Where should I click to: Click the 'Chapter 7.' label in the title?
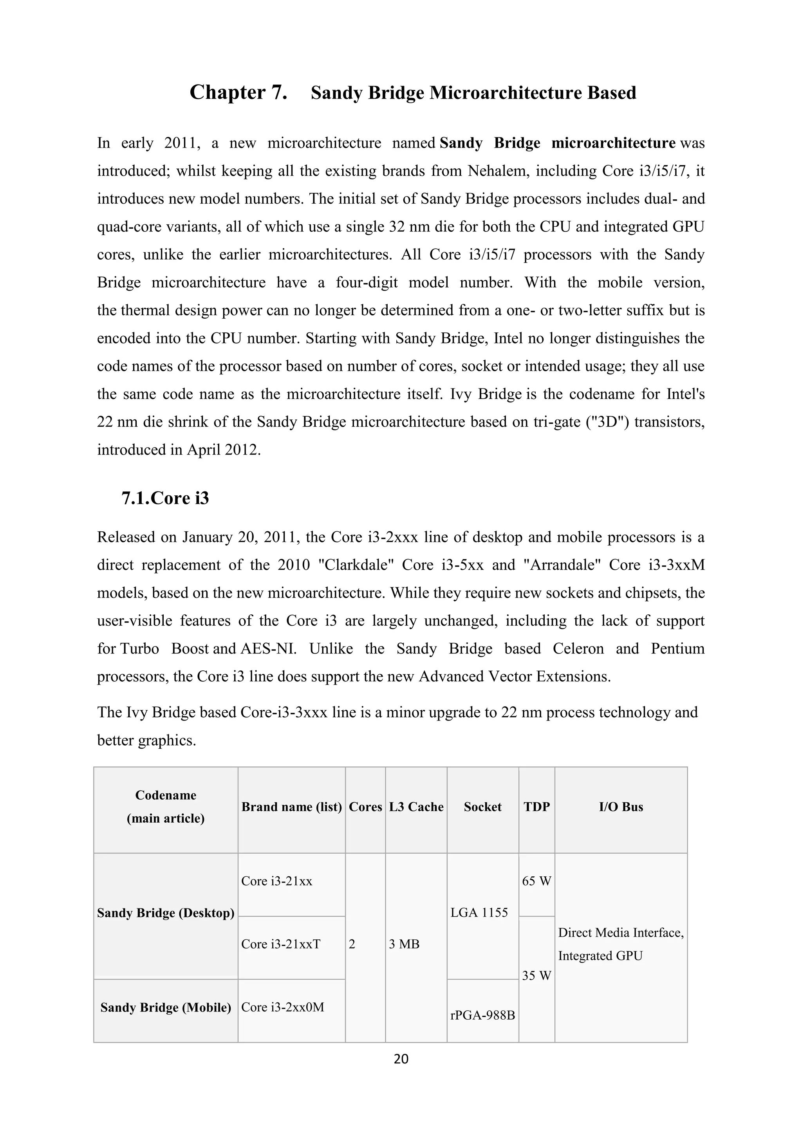coord(238,93)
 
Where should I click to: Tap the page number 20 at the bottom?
coord(401,1059)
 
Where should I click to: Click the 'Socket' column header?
coord(482,807)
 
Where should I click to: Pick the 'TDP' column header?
coord(536,807)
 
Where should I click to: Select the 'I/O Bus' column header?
coord(621,807)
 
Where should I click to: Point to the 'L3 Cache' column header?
coord(416,807)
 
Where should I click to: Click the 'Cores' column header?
coord(365,807)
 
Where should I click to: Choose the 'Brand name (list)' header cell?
coord(291,807)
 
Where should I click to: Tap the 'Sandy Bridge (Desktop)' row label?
coord(165,913)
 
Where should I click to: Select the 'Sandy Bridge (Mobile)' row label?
coord(165,1008)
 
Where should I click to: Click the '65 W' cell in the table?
coord(536,881)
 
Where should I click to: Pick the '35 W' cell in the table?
coord(536,976)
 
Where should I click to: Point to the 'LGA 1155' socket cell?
coord(479,913)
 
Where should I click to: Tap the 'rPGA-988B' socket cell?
coord(482,1015)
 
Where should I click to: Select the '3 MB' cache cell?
coord(404,944)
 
